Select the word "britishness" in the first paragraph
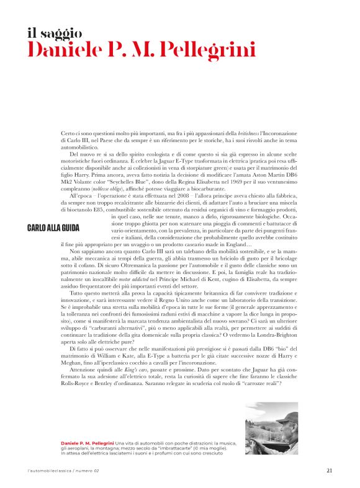[244, 134]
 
